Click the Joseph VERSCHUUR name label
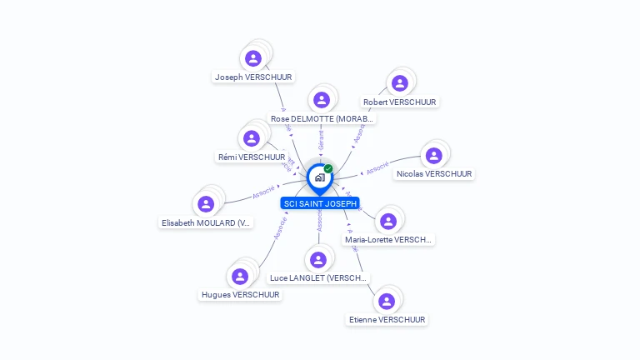253,77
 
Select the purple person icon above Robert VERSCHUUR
400,83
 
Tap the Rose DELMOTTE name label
323,118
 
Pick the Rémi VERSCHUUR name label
252,157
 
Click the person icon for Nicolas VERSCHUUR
433,156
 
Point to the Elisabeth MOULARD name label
206,222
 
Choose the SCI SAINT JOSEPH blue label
320,203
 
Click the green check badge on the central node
328,168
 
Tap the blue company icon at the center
319,177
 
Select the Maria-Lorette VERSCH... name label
388,239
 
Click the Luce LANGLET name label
318,277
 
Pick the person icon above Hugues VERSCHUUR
240,276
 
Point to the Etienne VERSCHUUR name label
387,319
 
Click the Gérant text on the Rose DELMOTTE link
322,139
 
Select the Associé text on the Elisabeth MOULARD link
263,191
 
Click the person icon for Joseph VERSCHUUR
253,58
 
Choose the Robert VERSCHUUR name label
400,102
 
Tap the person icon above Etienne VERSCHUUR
386,301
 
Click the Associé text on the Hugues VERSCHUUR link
280,230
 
